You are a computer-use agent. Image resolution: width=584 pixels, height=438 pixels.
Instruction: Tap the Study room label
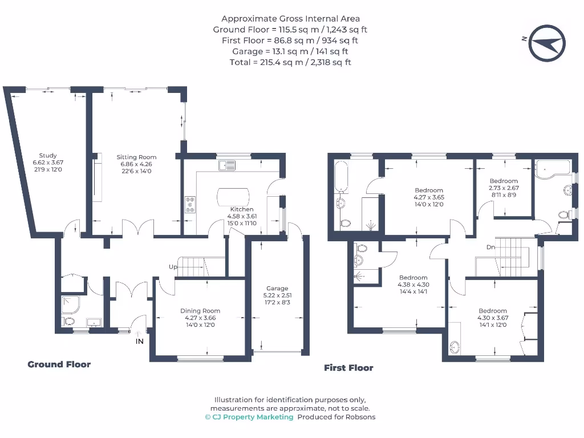click(48, 156)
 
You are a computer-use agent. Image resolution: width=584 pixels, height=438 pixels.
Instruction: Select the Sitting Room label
click(136, 157)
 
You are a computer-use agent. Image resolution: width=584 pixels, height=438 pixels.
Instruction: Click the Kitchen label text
click(241, 209)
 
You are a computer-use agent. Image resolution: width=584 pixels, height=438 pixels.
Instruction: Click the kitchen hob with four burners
click(189, 205)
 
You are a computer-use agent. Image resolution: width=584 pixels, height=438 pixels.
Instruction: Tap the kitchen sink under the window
click(226, 165)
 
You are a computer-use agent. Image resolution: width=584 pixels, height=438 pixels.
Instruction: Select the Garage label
click(278, 288)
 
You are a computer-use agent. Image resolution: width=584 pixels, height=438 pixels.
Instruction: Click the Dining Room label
click(200, 311)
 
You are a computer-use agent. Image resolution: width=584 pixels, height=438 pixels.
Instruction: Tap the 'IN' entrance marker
click(139, 342)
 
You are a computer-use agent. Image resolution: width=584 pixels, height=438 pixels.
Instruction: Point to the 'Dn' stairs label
click(490, 248)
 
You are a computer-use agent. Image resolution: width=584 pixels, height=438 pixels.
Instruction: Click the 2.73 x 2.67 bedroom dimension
click(504, 188)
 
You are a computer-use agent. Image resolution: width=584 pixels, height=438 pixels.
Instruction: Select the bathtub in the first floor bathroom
click(341, 176)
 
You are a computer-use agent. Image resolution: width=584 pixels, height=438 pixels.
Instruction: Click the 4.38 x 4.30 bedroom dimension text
click(413, 285)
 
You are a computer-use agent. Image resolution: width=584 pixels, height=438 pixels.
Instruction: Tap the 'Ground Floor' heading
click(59, 364)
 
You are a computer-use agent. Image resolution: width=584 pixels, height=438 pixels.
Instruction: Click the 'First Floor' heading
click(348, 368)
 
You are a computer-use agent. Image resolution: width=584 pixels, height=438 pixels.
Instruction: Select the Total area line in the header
click(290, 62)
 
